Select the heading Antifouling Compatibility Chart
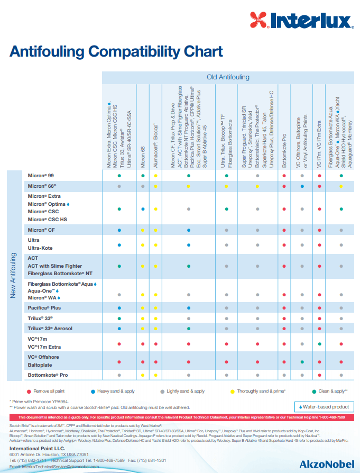116,51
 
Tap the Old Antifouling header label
228,77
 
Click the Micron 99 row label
41,175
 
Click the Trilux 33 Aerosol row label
50,329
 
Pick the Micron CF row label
41,230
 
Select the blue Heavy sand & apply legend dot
93,392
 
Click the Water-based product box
324,407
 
